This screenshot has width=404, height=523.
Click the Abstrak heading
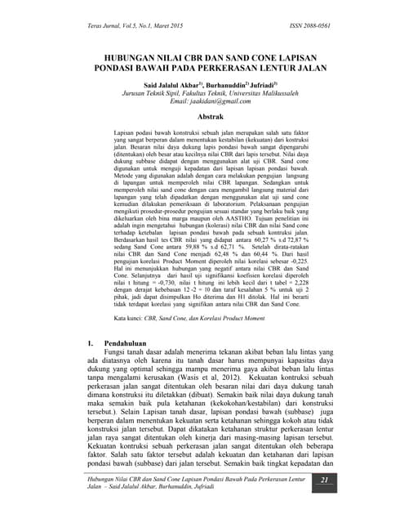pos(201,118)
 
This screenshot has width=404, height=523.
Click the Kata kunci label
pos(132,337)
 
